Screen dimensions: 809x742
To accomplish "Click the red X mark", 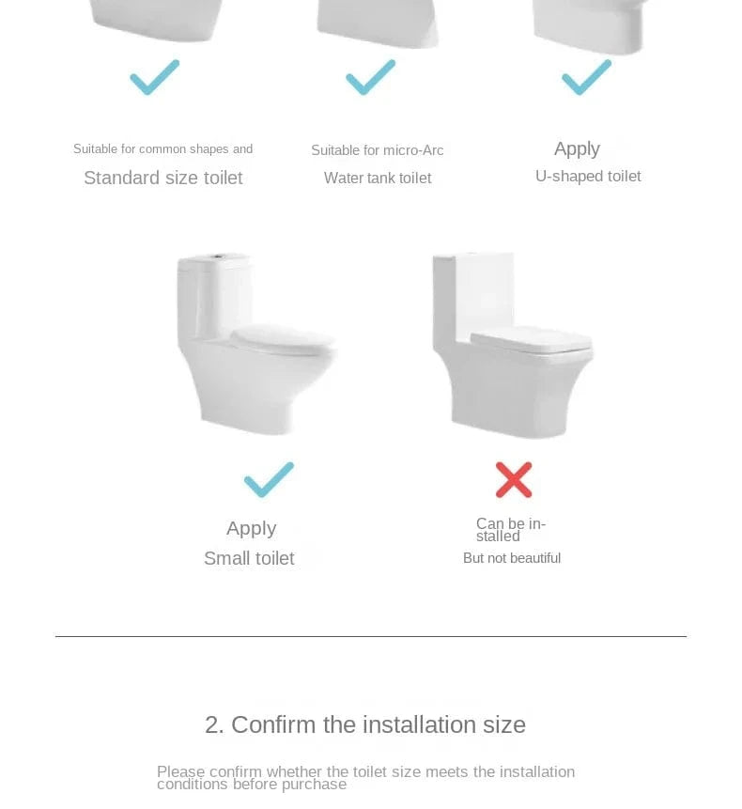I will [514, 480].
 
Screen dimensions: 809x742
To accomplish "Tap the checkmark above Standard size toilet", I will [155, 77].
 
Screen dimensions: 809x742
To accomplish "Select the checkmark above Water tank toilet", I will [370, 77].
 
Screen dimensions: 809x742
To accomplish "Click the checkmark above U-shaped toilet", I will [586, 77].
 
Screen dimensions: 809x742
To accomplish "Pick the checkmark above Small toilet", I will [269, 479].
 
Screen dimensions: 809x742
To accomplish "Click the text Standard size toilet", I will [162, 178].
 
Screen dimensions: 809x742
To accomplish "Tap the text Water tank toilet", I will [378, 178].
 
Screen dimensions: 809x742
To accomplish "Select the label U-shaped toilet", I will [588, 176].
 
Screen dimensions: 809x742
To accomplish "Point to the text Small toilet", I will [249, 558].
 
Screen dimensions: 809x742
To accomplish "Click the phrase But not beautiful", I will [512, 558].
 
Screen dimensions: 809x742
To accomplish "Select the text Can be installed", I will [510, 530].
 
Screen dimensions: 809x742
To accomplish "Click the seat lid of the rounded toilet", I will [283, 338].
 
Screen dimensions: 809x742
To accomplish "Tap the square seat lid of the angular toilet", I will [531, 340].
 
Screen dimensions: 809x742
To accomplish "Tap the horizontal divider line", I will [371, 636].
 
